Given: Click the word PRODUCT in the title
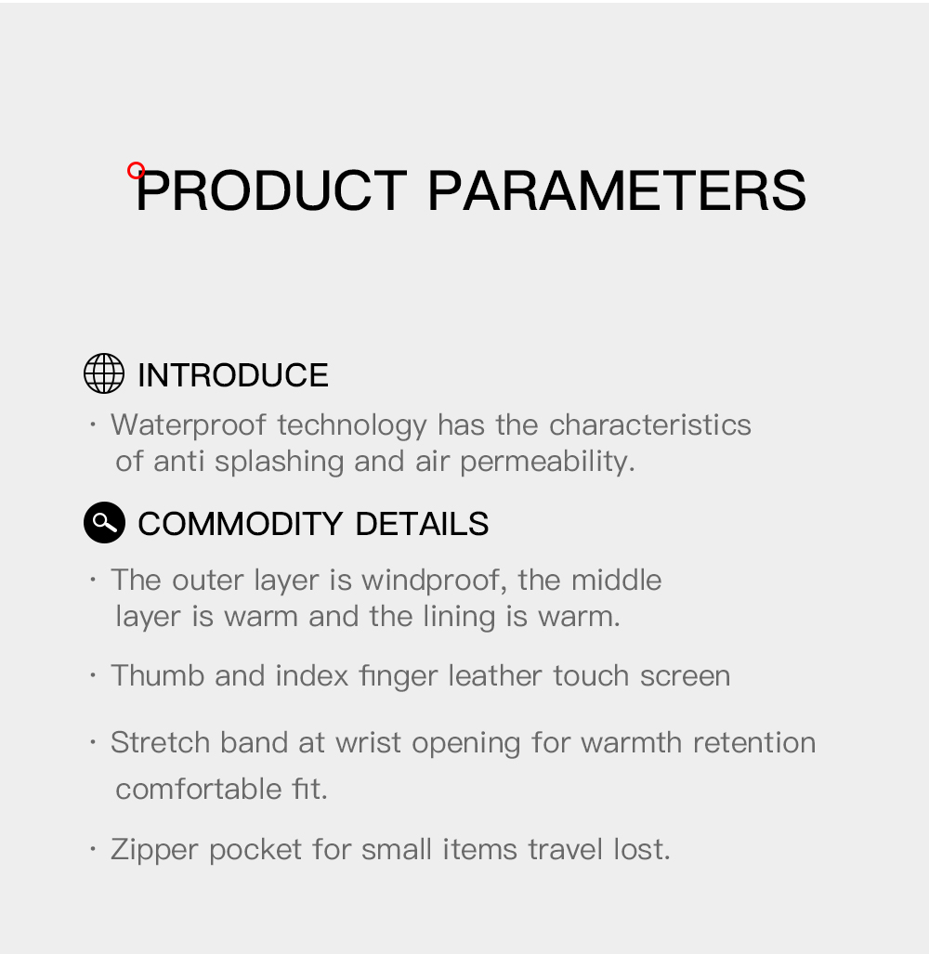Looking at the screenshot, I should (271, 190).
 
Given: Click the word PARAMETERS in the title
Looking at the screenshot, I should (616, 190).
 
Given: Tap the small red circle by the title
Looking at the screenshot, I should (137, 170).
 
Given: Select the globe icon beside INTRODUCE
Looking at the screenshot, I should (104, 373).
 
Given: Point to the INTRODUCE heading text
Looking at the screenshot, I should (232, 375).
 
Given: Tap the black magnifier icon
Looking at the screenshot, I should (104, 523).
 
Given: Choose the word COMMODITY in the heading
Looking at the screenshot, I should (242, 524).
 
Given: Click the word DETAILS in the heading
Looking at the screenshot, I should (422, 524).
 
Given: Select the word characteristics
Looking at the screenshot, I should (649, 425).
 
